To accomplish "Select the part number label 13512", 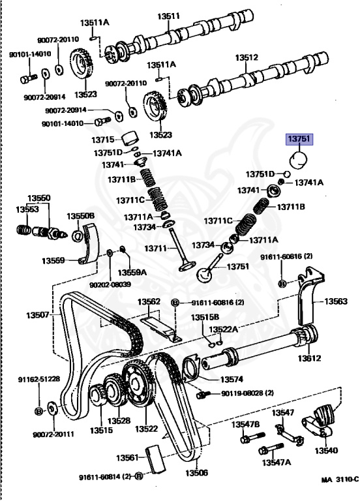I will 247,57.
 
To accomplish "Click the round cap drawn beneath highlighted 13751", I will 298,158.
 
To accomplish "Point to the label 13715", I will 103,140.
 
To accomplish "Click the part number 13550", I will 38,198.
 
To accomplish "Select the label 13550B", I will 81,215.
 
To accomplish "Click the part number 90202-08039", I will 110,284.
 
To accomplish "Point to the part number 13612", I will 310,357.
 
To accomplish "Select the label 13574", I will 231,379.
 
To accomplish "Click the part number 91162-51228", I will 38,379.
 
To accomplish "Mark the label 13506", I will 196,473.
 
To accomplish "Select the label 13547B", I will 247,425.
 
